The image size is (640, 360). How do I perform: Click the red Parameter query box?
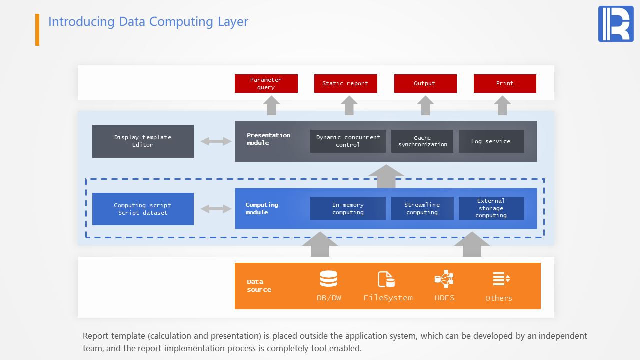pyautogui.click(x=266, y=84)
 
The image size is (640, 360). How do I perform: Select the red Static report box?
pyautogui.click(x=345, y=84)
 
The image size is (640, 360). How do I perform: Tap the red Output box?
pyautogui.click(x=425, y=84)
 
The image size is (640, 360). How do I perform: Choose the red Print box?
pyautogui.click(x=505, y=84)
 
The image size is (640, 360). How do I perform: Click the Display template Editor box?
pyautogui.click(x=143, y=141)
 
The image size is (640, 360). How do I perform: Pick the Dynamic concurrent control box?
pyautogui.click(x=348, y=141)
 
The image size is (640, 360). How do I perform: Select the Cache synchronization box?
pyautogui.click(x=422, y=141)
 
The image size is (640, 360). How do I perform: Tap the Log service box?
pyautogui.click(x=491, y=141)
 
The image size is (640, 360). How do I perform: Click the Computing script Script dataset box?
pyautogui.click(x=143, y=209)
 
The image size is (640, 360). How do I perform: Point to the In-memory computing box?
pyautogui.click(x=348, y=208)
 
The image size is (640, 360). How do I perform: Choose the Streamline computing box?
pyautogui.click(x=422, y=208)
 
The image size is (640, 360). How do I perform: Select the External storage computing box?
pyautogui.click(x=491, y=208)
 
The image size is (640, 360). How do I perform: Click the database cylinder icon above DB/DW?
pyautogui.click(x=328, y=279)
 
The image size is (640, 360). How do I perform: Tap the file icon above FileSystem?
pyautogui.click(x=386, y=279)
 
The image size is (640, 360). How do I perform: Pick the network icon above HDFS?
pyautogui.click(x=444, y=279)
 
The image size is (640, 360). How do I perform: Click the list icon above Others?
pyautogui.click(x=501, y=279)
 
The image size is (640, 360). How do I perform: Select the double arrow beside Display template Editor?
pyautogui.click(x=216, y=141)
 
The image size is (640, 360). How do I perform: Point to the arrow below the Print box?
pyautogui.click(x=503, y=105)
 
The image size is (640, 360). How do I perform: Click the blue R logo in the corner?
pyautogui.click(x=616, y=24)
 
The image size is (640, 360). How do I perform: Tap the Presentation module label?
pyautogui.click(x=268, y=139)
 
